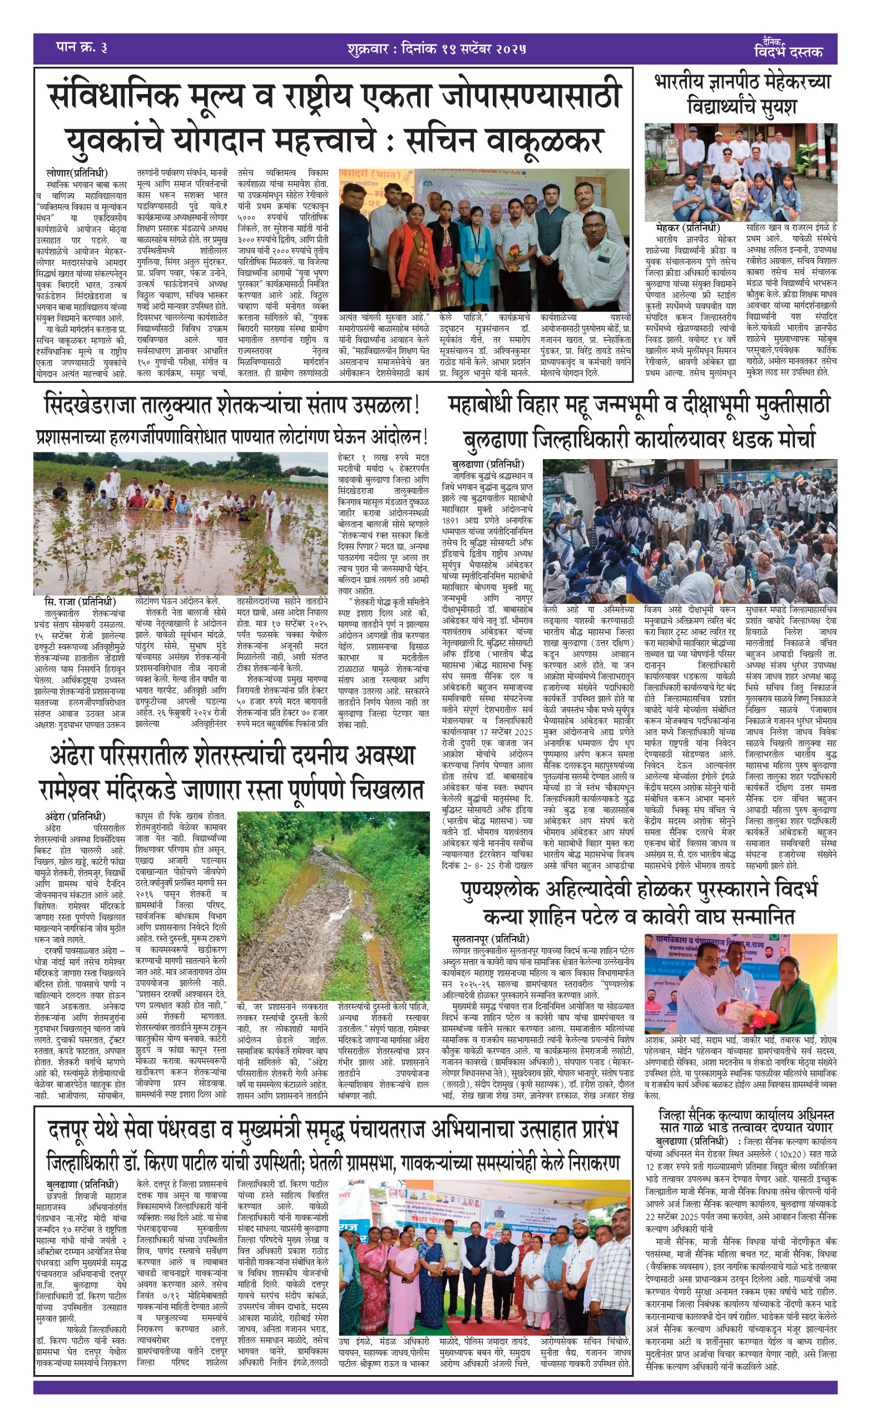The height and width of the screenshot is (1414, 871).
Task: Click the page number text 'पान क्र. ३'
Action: tap(81, 48)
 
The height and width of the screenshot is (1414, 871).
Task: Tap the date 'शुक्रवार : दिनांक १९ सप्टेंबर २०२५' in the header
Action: tap(437, 49)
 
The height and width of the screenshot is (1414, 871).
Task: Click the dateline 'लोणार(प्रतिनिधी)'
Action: tap(77, 173)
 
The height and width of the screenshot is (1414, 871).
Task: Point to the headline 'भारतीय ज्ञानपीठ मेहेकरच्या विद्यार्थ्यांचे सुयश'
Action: tap(742, 94)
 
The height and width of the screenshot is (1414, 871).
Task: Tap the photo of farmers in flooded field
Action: tap(180, 523)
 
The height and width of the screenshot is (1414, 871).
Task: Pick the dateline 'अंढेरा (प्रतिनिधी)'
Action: tap(76, 816)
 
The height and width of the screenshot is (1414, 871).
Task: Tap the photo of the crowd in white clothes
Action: tap(690, 530)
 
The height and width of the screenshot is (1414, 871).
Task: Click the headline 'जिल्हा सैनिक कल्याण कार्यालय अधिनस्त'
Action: tap(746, 1115)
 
